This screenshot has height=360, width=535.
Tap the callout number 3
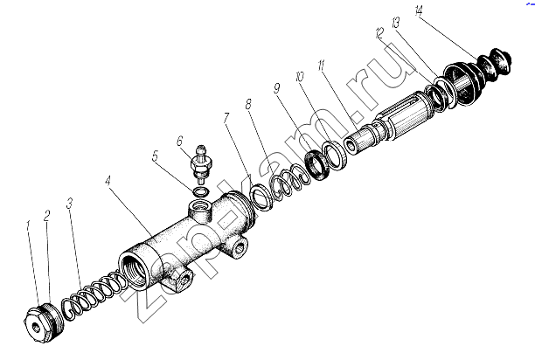click(x=70, y=204)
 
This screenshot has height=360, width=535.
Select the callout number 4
click(x=108, y=181)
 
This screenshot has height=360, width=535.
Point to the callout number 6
click(x=180, y=142)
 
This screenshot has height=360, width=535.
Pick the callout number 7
click(x=226, y=118)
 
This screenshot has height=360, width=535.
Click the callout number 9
click(x=277, y=88)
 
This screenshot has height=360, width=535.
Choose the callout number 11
click(x=322, y=66)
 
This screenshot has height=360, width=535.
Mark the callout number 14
click(x=419, y=11)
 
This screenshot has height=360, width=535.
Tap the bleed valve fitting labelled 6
click(x=200, y=164)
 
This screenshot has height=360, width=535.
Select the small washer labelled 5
click(x=200, y=192)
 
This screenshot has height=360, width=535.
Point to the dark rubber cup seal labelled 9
click(x=318, y=166)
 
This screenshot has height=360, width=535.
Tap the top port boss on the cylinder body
click(x=200, y=210)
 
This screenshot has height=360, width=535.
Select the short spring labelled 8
click(x=290, y=183)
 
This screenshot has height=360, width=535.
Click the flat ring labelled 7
click(x=261, y=197)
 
